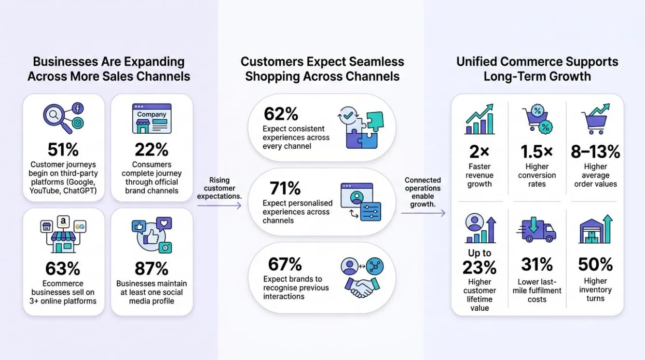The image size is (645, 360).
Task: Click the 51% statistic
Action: click(63, 150)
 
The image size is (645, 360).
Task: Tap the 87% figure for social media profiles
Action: click(151, 269)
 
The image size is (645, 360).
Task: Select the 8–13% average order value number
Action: click(595, 152)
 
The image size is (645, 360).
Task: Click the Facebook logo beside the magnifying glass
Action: click(78, 109)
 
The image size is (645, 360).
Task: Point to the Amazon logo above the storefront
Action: click(63, 222)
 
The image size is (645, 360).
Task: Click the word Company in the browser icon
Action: click(151, 114)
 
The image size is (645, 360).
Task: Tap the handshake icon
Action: click(362, 287)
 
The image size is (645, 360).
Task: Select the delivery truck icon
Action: click(536, 230)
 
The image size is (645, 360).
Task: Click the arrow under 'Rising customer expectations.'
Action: click(219, 206)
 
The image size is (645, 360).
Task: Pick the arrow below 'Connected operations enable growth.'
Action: click(423, 213)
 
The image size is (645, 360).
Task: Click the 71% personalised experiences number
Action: click(285, 188)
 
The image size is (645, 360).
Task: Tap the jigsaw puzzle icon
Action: click(361, 127)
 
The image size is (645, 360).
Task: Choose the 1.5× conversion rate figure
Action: click(537, 152)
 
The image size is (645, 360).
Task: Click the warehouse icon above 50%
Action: click(595, 229)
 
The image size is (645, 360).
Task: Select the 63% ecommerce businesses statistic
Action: click(63, 269)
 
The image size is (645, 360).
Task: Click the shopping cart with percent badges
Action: click(537, 119)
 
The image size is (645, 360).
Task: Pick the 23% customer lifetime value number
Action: click(480, 268)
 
